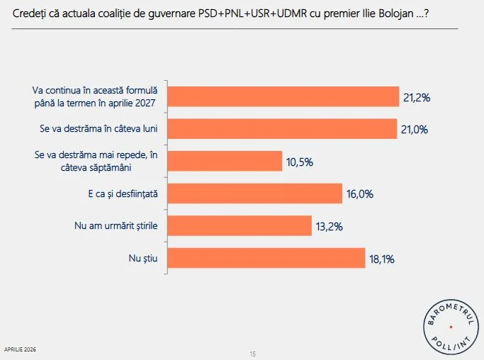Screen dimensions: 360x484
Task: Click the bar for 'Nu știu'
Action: [x=268, y=258]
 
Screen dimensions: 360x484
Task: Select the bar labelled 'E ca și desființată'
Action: [x=257, y=193]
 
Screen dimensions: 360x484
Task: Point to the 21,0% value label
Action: [x=416, y=129]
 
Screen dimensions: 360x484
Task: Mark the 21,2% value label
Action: [x=418, y=97]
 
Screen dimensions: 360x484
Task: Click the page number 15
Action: [x=252, y=354]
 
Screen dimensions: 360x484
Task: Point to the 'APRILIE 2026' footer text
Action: [x=21, y=350]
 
